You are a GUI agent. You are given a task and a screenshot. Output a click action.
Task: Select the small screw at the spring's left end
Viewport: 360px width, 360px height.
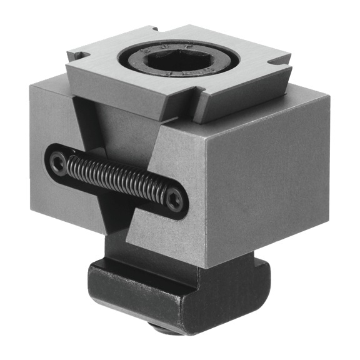(58, 164)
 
